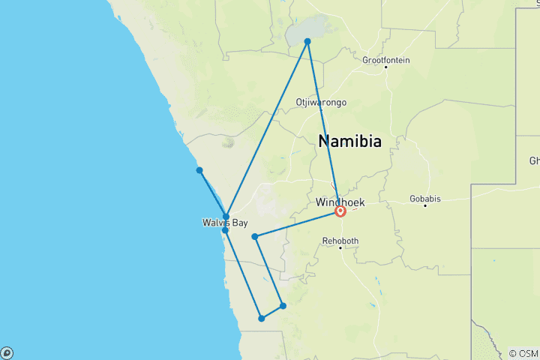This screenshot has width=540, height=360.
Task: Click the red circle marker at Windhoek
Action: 340,211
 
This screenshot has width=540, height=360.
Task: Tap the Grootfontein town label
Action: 385,60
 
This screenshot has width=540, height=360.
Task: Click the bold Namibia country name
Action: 349,141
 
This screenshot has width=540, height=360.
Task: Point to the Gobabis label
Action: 425,199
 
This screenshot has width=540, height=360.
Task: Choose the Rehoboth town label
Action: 340,241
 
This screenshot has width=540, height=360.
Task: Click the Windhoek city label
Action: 340,202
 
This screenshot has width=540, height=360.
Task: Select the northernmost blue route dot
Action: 307,41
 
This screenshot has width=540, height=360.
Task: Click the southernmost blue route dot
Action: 262,319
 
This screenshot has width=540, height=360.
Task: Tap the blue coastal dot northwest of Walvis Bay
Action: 199,170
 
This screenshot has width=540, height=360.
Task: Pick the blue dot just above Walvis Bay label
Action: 226,217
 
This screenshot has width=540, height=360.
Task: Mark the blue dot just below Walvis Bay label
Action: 225,230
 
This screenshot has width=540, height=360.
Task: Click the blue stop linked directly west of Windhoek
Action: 255,237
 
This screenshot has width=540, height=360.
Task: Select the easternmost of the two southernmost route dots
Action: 283,305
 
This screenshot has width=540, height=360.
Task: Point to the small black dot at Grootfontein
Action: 386,67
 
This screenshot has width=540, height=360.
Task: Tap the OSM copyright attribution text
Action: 523,353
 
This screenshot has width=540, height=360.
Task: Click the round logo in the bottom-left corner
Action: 7,352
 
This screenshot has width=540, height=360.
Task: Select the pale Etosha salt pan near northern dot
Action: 298,33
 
